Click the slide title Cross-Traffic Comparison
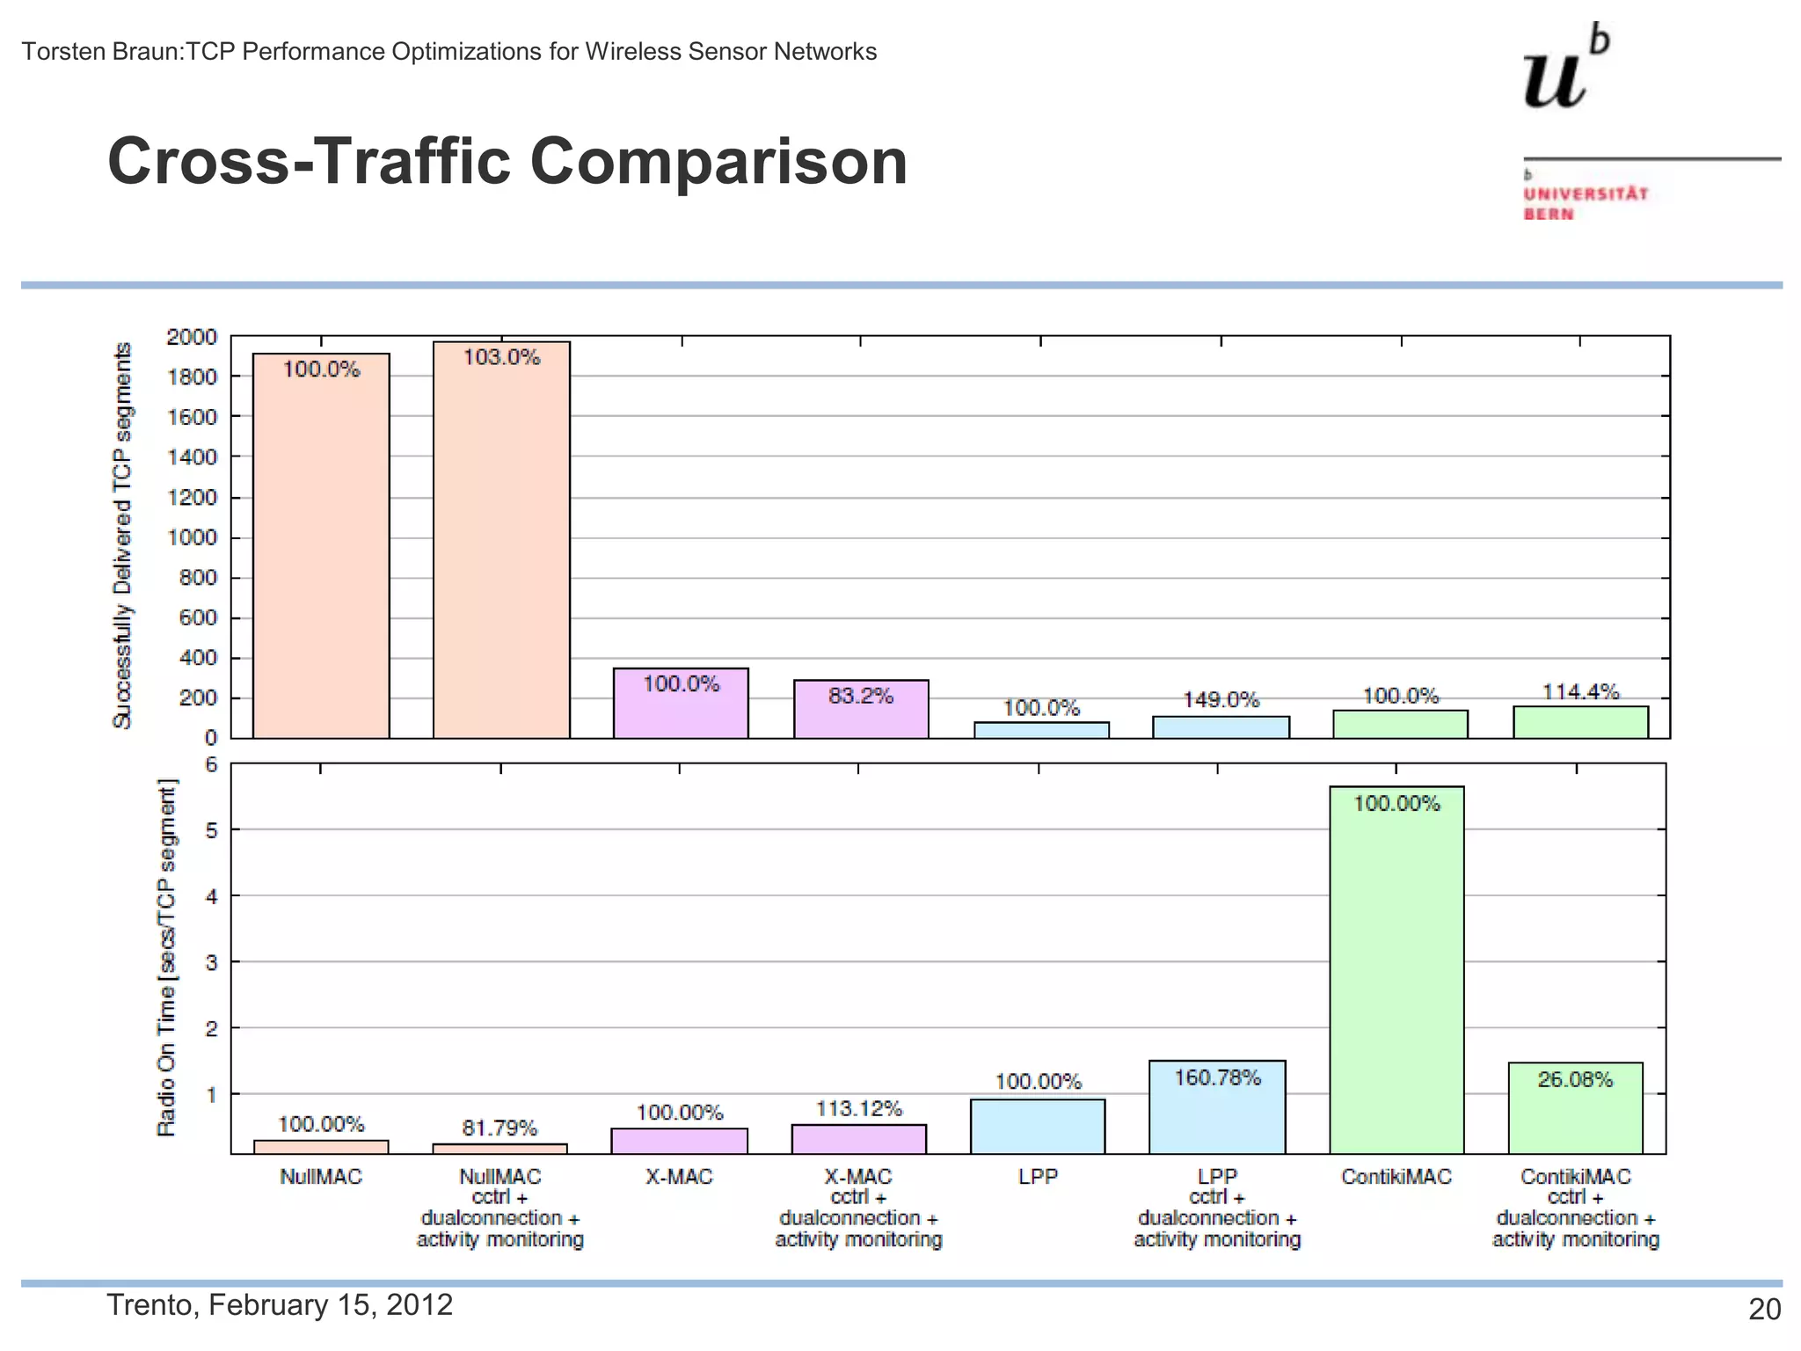(x=507, y=162)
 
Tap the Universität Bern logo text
(x=1586, y=203)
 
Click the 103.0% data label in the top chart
(x=501, y=357)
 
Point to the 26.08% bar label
(x=1575, y=1079)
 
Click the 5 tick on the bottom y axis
(x=211, y=829)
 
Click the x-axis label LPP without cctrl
(x=1038, y=1177)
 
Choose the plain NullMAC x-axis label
(x=320, y=1177)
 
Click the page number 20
(x=1764, y=1310)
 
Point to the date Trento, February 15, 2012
(x=280, y=1304)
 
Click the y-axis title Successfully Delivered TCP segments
(x=122, y=535)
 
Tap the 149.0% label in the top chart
(x=1221, y=700)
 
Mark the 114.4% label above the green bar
(x=1580, y=692)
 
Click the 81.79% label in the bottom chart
(x=499, y=1128)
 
